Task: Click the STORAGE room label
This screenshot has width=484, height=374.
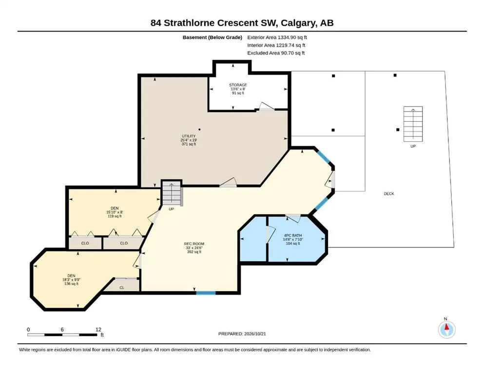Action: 238,85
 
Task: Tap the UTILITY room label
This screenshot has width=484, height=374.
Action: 189,136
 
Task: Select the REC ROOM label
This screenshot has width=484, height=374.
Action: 194,244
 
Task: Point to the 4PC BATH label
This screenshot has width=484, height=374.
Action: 292,235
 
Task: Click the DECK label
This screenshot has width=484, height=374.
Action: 389,194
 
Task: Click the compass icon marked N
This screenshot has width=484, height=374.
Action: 446,329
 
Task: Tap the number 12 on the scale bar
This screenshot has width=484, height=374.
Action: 98,329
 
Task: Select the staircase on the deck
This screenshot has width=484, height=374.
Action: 413,124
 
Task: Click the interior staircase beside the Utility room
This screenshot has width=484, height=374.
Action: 172,193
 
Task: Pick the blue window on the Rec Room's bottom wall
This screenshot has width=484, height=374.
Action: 206,293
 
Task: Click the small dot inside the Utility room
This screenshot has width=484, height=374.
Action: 199,130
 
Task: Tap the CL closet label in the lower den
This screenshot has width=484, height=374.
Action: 122,287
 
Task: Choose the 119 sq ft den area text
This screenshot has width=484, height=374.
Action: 115,216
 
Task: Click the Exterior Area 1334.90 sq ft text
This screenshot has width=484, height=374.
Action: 277,37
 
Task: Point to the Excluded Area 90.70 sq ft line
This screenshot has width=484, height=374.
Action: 276,53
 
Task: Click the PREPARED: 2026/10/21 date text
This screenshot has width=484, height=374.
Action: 242,334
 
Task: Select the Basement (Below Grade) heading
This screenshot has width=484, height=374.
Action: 213,37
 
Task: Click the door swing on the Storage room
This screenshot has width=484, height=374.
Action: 267,106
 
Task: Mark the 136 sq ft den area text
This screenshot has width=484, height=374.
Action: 71,283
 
